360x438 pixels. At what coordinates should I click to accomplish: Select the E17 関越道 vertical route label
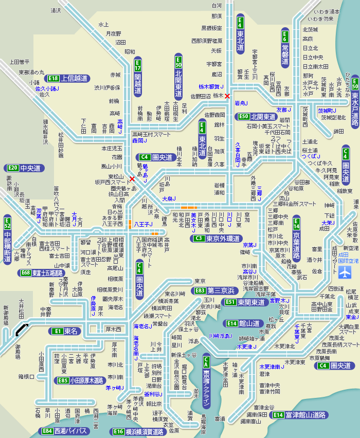pyautogui.click(x=137, y=77)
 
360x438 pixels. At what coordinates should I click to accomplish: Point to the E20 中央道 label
pyautogui.click(x=24, y=168)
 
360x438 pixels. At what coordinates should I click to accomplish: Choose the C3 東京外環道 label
pyautogui.click(x=216, y=239)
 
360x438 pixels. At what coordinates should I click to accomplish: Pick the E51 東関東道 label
pyautogui.click(x=244, y=302)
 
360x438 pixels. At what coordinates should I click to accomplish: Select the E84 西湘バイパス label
pyautogui.click(x=65, y=431)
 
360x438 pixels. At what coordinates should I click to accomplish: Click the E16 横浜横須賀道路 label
pyautogui.click(x=138, y=432)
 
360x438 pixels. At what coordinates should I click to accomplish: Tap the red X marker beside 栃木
pyautogui.click(x=227, y=96)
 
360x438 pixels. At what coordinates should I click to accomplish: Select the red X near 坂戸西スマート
pyautogui.click(x=132, y=179)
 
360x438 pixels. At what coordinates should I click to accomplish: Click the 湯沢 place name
pyautogui.click(x=56, y=10)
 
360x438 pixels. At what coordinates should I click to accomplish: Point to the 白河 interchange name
pyautogui.click(x=217, y=6)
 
